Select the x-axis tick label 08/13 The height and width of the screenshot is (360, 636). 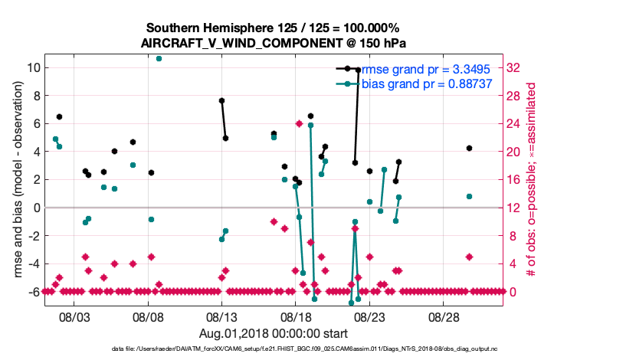221,316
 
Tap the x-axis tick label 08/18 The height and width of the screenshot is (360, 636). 295,316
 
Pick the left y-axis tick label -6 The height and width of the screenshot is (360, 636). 31,292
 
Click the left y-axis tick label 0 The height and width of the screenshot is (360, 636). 35,208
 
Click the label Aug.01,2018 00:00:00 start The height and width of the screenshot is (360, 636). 274,333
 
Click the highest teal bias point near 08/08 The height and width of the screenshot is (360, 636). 159,58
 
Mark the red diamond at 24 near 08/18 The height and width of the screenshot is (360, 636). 299,123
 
